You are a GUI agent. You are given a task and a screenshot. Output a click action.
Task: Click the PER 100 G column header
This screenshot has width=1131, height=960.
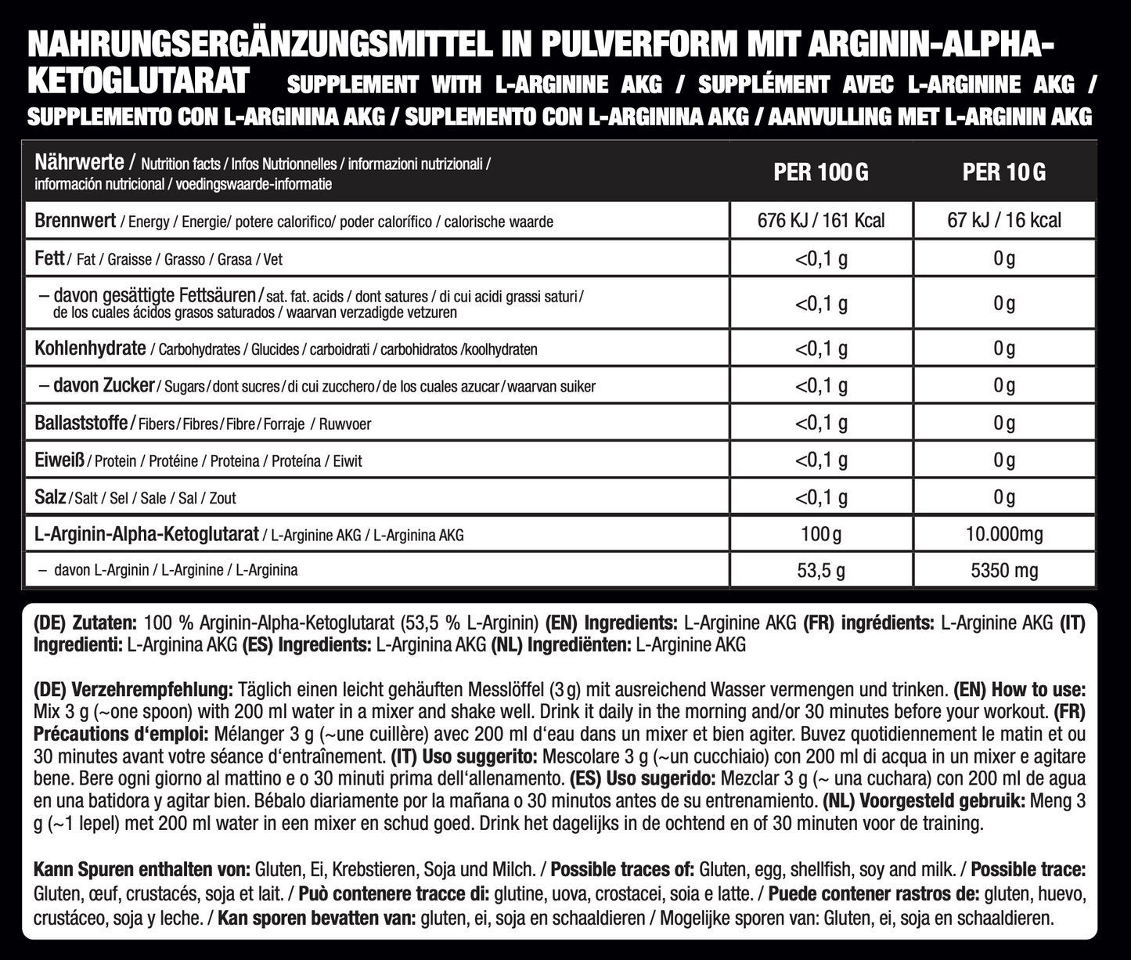(x=820, y=172)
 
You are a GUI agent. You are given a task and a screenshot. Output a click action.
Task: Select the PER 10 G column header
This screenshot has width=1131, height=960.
(x=1003, y=172)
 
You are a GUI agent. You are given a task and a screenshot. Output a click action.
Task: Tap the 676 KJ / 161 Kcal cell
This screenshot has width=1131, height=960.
(x=820, y=221)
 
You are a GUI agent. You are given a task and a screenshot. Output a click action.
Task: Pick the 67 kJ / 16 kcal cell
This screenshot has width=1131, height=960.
(x=1003, y=221)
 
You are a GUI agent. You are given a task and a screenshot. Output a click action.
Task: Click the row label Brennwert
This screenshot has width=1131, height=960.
(x=75, y=221)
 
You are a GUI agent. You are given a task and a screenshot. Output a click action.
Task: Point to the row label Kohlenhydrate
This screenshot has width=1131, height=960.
(x=90, y=348)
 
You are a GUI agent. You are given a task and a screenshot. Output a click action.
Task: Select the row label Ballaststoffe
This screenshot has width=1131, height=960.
(x=81, y=423)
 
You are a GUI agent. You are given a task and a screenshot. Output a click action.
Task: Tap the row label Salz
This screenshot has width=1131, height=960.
(x=50, y=497)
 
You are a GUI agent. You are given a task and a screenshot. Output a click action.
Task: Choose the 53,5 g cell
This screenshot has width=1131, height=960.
(x=820, y=571)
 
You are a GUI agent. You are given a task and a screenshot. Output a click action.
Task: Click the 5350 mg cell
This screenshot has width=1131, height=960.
(x=1003, y=571)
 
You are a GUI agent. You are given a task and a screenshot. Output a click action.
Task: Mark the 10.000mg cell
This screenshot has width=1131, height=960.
(x=1003, y=535)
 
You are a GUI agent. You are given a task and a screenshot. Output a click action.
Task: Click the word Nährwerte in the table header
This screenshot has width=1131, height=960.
(x=79, y=163)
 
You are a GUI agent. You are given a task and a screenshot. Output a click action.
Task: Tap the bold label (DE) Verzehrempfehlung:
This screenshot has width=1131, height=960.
(x=133, y=691)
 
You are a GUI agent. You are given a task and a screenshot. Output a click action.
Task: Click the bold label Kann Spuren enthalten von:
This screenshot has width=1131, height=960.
(x=142, y=869)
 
